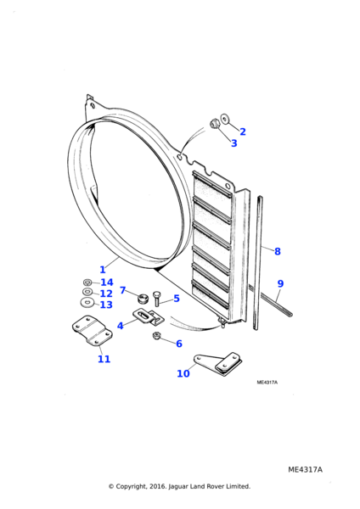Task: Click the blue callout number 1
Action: point(103,270)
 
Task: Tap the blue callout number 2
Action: point(243,131)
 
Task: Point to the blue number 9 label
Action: point(280,283)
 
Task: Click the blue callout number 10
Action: point(183,373)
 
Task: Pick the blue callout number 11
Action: point(104,359)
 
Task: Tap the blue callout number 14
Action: point(107,282)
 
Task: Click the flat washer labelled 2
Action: point(224,119)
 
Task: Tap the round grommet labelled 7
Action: point(143,298)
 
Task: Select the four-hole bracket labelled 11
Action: point(92,331)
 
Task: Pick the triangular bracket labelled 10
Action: point(218,364)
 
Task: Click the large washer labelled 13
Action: point(87,303)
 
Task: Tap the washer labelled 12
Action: point(87,291)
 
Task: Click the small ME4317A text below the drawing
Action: point(267,383)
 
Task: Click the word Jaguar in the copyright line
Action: point(178,486)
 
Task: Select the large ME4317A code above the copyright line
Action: point(305,470)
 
